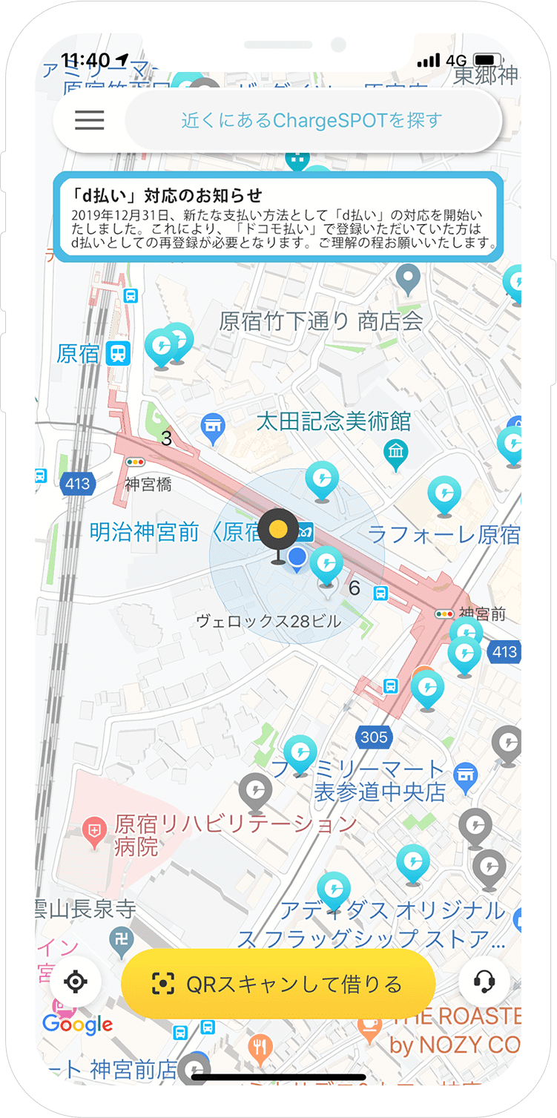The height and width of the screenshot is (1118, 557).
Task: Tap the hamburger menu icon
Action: tap(90, 120)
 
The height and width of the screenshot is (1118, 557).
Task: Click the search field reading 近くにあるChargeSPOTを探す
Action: tap(312, 120)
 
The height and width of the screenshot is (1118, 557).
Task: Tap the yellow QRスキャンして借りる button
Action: tap(277, 984)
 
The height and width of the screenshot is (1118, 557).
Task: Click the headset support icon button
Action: tap(484, 982)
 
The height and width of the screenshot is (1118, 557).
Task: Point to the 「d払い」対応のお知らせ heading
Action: tap(168, 195)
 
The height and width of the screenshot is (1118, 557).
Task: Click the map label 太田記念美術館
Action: tap(333, 421)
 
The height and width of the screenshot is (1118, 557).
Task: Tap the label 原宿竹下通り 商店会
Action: tap(321, 321)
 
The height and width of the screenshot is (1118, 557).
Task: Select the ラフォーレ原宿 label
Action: tap(444, 534)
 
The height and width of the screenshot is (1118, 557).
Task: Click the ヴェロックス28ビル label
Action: tap(268, 621)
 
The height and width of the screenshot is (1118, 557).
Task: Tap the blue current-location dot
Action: tap(297, 557)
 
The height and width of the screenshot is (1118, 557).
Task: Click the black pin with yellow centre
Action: tap(278, 529)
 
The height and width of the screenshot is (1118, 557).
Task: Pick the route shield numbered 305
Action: tap(374, 737)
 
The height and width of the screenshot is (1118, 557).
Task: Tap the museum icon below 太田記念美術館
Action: tap(395, 451)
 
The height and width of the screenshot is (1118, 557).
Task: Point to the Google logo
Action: tap(77, 1025)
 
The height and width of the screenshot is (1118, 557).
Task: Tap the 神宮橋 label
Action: tap(148, 484)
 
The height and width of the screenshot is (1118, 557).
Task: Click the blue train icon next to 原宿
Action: tap(118, 353)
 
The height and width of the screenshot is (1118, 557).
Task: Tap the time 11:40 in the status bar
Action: tap(85, 60)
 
